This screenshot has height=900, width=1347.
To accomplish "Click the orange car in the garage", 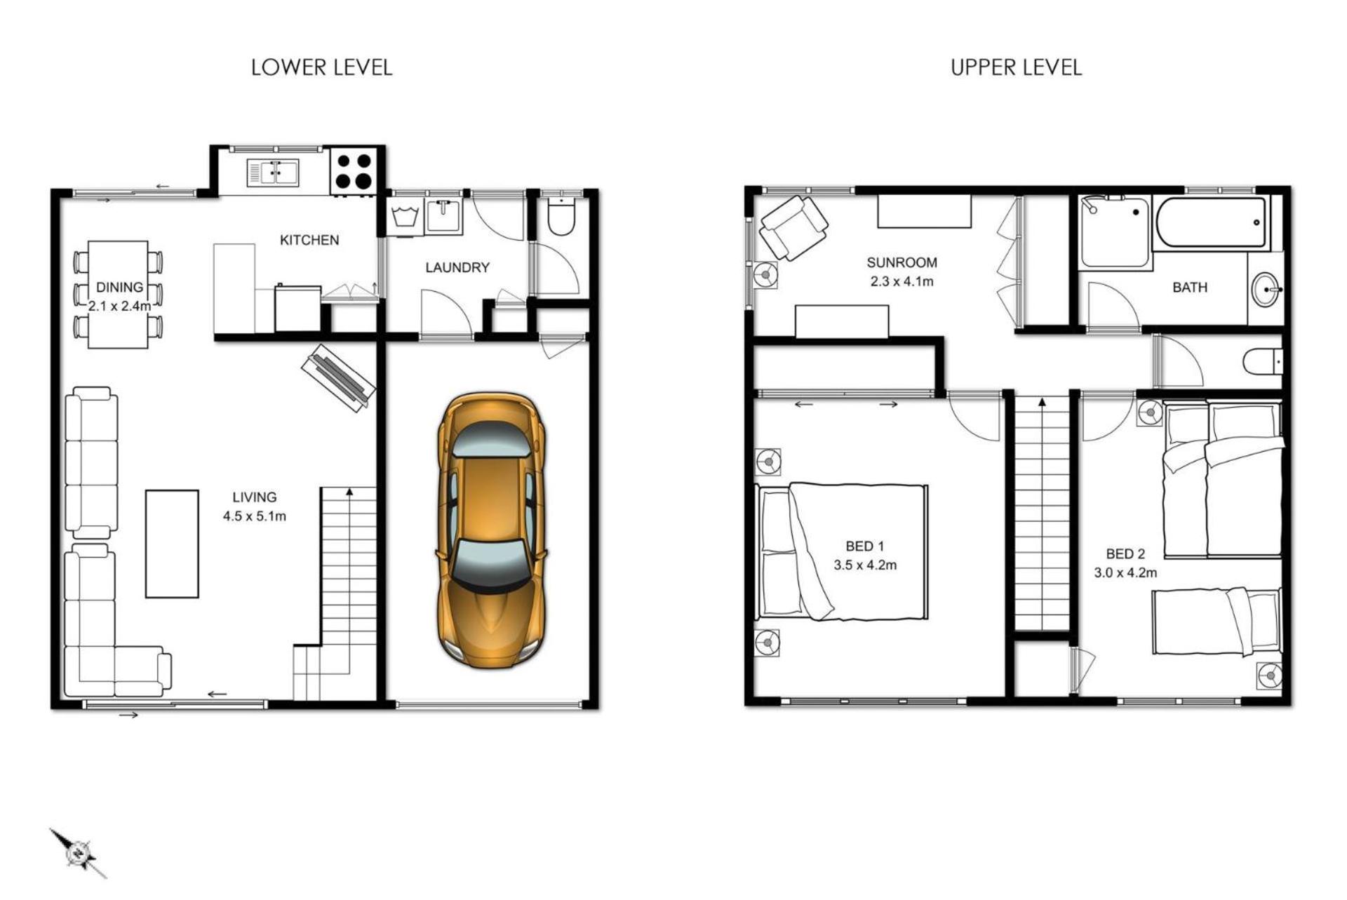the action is (491, 531).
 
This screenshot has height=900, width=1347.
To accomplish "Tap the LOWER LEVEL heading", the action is (321, 67).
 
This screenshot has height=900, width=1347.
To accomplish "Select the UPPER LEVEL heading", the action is (1016, 67).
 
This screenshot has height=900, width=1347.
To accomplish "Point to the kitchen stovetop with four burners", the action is (354, 171).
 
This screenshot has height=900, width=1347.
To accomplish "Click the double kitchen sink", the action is (273, 173).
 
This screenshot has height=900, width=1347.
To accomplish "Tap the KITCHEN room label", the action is (309, 240).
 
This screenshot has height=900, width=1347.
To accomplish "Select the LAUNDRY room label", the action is (457, 267).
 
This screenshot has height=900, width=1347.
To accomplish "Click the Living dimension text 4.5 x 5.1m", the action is (255, 516).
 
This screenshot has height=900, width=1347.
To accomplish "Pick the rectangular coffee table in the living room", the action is (172, 544).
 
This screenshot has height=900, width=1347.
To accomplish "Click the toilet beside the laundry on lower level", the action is (561, 215).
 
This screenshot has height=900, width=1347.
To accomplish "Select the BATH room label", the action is (1190, 287).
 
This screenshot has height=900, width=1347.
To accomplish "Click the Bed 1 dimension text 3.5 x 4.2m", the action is (865, 565).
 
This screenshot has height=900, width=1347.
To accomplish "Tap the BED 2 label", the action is (1125, 553).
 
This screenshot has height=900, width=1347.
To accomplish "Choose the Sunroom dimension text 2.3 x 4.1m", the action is (902, 281).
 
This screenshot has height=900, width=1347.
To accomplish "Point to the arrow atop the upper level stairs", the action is (1043, 402).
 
